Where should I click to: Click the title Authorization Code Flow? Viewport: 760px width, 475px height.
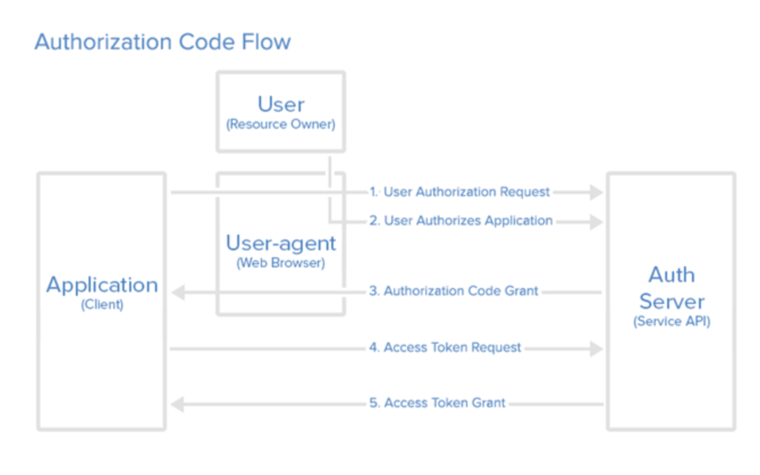(163, 42)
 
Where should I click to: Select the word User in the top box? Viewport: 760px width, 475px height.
(281, 104)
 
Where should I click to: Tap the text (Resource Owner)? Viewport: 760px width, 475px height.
(281, 124)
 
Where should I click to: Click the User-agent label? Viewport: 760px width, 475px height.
(281, 243)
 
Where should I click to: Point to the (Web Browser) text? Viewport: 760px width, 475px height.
(281, 263)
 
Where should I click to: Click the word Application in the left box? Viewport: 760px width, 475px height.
(102, 285)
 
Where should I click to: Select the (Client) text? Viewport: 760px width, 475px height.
(102, 305)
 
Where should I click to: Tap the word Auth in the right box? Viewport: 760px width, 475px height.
(671, 275)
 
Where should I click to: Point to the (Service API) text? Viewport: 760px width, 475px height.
(671, 321)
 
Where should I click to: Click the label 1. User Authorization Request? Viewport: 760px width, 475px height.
(460, 192)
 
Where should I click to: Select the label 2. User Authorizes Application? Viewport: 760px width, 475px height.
(461, 221)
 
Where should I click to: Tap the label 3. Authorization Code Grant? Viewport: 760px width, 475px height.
(453, 291)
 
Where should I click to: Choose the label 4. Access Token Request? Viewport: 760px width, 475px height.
(445, 348)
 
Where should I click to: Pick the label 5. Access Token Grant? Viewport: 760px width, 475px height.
(437, 403)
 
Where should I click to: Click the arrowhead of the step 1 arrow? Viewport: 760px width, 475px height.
(596, 192)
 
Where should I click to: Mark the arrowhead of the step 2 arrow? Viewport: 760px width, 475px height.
(596, 221)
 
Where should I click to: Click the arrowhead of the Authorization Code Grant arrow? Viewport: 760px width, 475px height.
(177, 292)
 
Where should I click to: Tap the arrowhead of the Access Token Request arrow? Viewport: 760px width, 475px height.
(596, 348)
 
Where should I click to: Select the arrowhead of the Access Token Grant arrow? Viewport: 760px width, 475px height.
(177, 403)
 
